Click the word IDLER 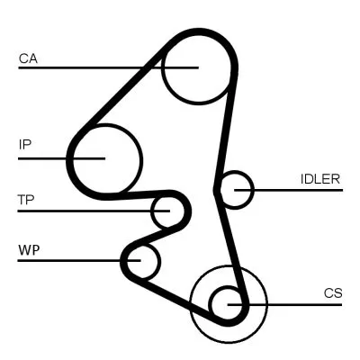tap(319, 178)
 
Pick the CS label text tap(334, 292)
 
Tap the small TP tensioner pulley tap(167, 211)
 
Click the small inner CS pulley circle tap(227, 304)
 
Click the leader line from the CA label tap(90, 67)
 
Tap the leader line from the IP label tap(45, 157)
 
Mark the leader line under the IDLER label tap(297, 189)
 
